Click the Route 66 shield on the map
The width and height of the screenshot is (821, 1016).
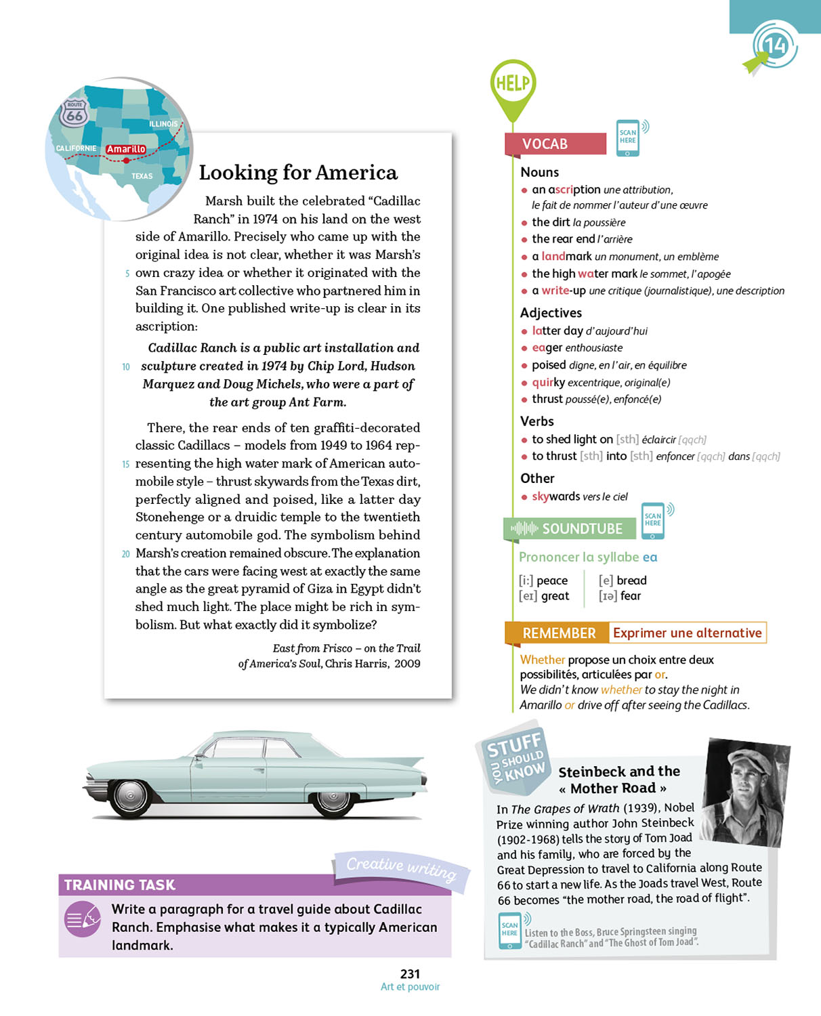tap(74, 113)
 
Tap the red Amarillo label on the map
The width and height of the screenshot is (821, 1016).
tap(126, 149)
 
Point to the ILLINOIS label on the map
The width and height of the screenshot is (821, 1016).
tap(163, 124)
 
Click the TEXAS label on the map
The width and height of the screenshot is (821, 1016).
tap(142, 176)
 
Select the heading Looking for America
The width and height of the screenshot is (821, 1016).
tap(298, 173)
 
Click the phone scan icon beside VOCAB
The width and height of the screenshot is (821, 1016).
tap(628, 137)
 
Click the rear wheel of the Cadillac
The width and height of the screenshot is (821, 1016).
tap(333, 797)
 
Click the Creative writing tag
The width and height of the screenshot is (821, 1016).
tap(401, 868)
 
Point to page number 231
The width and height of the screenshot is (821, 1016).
tap(410, 974)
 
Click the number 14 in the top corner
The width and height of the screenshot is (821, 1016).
tap(774, 45)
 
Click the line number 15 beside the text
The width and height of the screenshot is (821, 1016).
tap(126, 464)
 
